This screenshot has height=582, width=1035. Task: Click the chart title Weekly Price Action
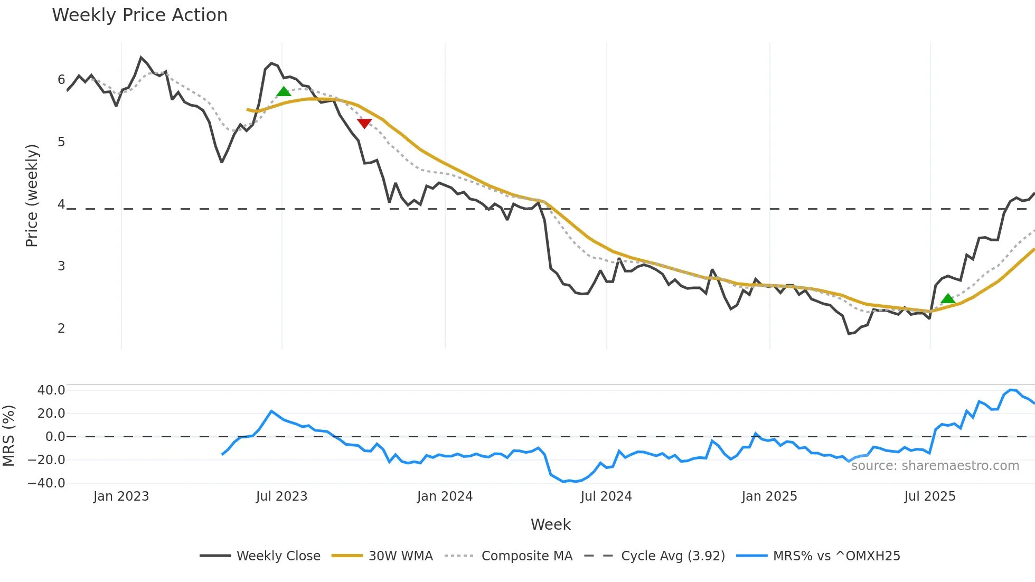click(139, 15)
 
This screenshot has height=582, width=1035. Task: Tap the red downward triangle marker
click(364, 123)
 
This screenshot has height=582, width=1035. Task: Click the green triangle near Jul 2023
click(284, 92)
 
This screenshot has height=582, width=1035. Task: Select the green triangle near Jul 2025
click(948, 299)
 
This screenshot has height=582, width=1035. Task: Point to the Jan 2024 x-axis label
click(445, 496)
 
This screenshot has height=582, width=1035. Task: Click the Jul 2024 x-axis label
click(606, 496)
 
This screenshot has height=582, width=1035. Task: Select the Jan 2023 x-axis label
click(121, 496)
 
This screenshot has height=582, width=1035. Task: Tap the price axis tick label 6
click(61, 80)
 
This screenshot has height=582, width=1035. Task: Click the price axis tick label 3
click(61, 266)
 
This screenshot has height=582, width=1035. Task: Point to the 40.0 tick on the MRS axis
click(51, 390)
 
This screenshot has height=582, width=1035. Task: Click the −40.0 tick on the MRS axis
click(46, 483)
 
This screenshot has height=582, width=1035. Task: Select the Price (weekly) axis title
click(32, 195)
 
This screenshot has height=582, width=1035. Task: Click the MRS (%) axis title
click(8, 436)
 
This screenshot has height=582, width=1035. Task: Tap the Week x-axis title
click(550, 524)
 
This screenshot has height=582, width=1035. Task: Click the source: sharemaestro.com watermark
click(935, 466)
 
